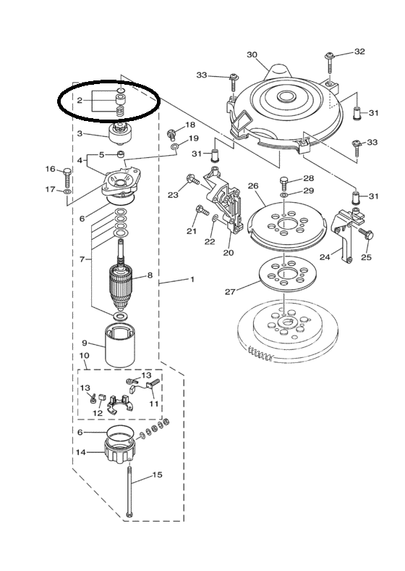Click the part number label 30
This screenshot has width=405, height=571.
pyautogui.click(x=252, y=55)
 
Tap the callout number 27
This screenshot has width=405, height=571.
pyautogui.click(x=230, y=291)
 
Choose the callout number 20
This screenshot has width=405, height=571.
pyautogui.click(x=229, y=252)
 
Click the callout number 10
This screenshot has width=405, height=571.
pyautogui.click(x=84, y=355)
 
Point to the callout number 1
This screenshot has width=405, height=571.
pyautogui.click(x=192, y=279)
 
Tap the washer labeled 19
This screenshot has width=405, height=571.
pyautogui.click(x=175, y=146)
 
